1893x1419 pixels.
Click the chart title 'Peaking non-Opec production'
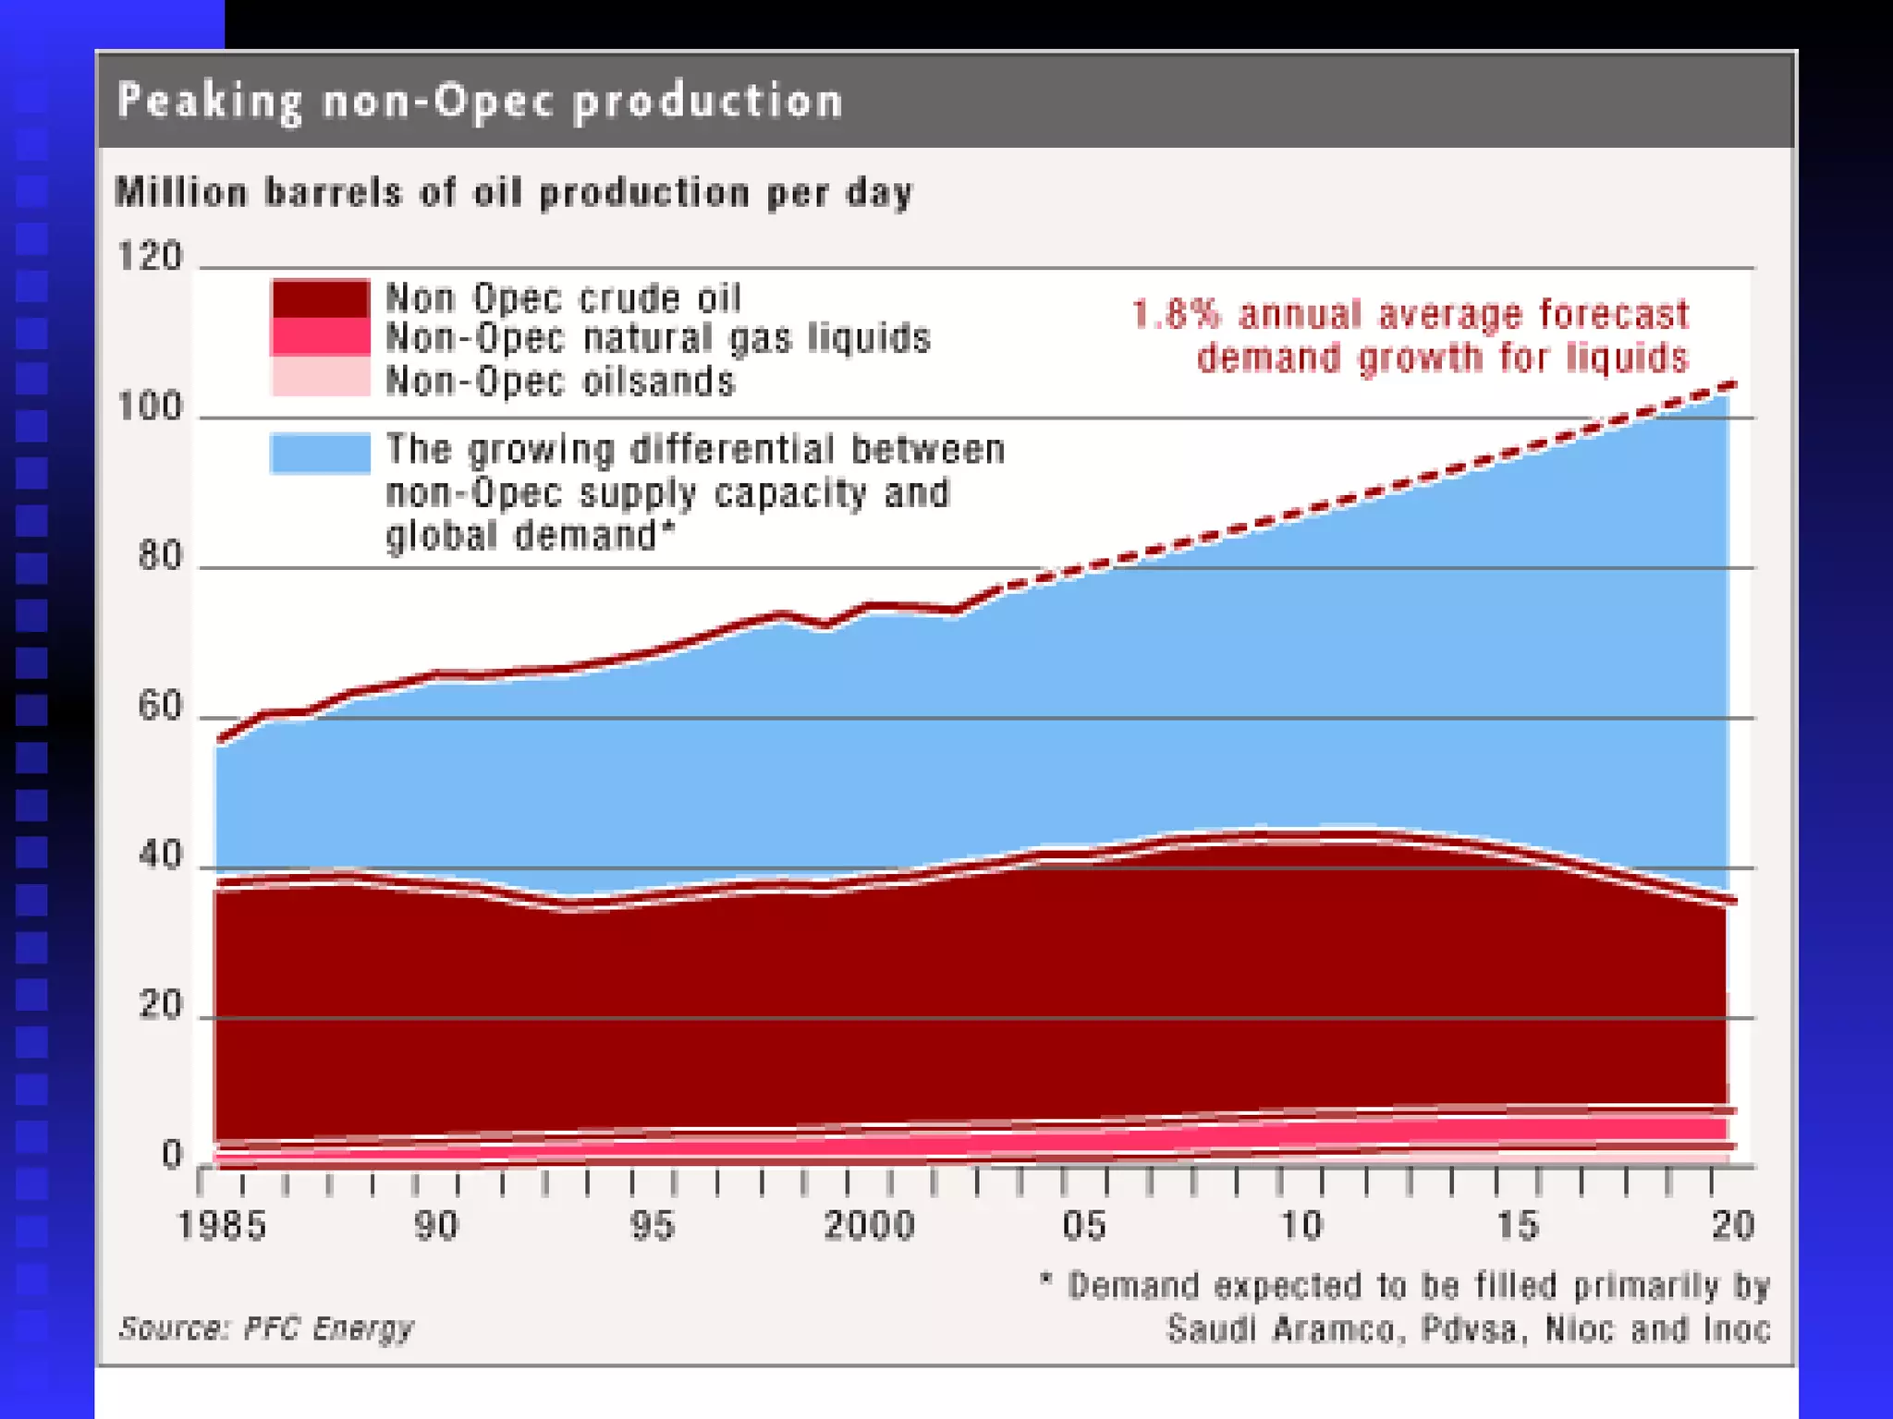481,101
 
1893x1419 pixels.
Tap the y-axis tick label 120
151,256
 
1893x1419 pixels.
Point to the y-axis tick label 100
151,406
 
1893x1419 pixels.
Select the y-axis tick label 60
160,707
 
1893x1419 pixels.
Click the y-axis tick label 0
172,1155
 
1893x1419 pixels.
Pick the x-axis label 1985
222,1226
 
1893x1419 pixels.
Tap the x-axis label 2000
869,1226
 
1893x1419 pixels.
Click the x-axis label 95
653,1226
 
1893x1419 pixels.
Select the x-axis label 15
1518,1226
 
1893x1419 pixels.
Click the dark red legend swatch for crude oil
320,298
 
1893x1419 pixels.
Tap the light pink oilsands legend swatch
320,378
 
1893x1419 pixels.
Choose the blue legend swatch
320,453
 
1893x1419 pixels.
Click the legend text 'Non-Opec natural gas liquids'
657,338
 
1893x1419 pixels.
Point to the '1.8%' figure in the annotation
1176,315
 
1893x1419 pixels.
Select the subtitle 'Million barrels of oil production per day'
514,193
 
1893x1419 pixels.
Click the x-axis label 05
1084,1226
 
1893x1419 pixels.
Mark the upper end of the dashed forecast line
1734,384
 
